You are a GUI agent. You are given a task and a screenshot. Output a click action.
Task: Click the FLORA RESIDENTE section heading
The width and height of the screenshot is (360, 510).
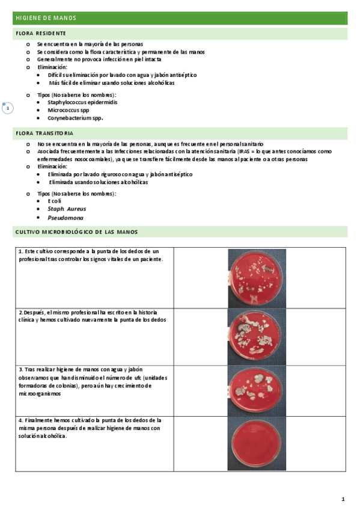click(41, 34)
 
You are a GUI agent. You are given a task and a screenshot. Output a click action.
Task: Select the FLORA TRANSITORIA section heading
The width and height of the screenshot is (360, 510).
click(45, 132)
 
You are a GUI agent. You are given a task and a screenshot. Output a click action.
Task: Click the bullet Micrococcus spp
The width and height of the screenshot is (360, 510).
click(68, 110)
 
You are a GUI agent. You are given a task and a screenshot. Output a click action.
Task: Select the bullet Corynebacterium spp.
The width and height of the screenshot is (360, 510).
click(75, 118)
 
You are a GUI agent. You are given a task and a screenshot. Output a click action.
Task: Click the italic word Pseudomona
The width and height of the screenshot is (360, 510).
click(66, 217)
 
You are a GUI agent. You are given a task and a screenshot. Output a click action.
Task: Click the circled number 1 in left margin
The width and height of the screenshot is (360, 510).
click(7, 108)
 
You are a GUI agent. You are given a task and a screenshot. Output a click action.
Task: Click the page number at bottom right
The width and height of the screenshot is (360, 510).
click(343, 499)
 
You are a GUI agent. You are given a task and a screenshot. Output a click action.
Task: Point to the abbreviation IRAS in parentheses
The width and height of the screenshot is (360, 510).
click(244, 152)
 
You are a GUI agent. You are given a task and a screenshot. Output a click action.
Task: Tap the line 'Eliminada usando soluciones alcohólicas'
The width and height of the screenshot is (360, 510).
click(98, 182)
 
